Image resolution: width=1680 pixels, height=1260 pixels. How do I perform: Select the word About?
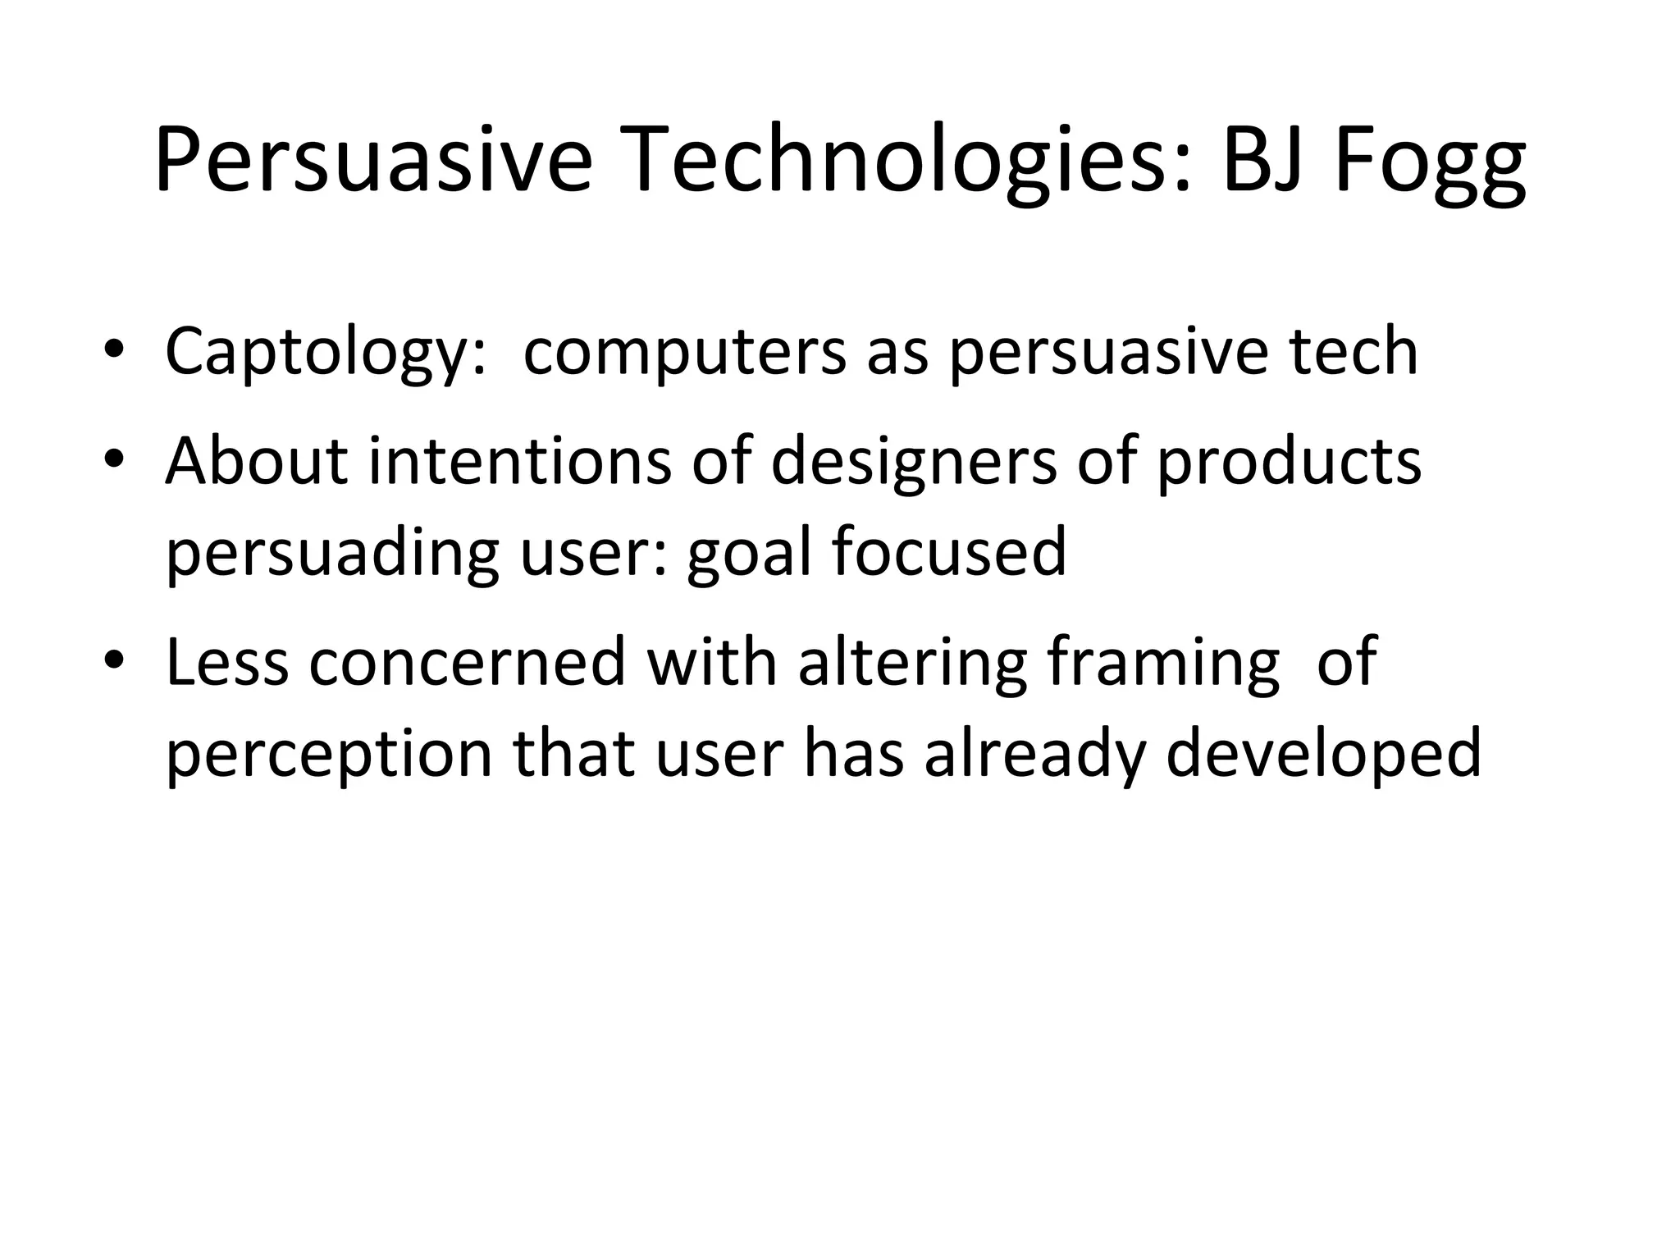257,461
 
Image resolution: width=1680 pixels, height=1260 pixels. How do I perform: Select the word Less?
227,662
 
